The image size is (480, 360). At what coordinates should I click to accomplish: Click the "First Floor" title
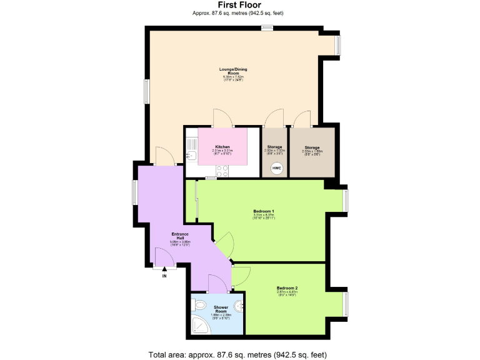(240, 4)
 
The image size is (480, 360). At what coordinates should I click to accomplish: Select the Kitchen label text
(222, 147)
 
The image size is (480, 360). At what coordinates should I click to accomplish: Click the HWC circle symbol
(276, 168)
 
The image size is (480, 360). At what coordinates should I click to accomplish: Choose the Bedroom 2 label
(287, 288)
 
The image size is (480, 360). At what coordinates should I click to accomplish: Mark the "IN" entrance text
(164, 275)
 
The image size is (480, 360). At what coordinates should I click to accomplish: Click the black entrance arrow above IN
(164, 269)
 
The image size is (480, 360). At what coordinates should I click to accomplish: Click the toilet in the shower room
(199, 304)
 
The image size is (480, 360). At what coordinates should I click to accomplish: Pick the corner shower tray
(199, 325)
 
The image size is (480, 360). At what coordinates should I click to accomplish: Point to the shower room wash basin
(241, 306)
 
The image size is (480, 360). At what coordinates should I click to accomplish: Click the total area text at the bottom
(237, 354)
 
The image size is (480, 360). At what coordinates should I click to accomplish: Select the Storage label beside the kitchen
(274, 147)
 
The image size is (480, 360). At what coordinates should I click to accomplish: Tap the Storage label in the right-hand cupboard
(312, 148)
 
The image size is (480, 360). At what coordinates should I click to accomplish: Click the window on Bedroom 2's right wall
(346, 303)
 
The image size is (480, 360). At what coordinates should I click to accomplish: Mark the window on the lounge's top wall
(267, 27)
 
